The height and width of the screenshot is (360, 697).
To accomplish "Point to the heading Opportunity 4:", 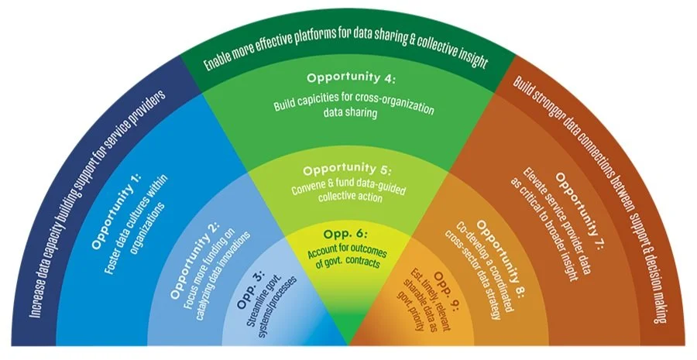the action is (x=351, y=78).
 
